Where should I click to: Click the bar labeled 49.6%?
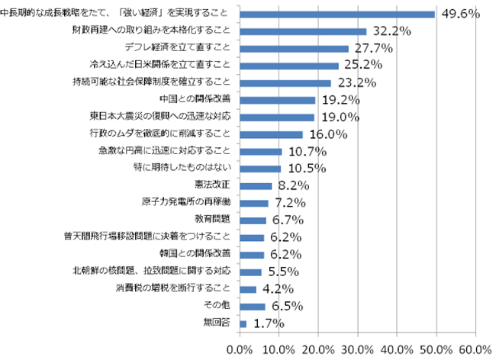(337, 14)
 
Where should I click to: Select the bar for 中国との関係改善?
(277, 100)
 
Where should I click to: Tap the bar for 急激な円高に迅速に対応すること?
(260, 152)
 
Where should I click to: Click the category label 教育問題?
(213, 220)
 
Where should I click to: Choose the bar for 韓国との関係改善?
(252, 254)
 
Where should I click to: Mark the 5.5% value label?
(282, 272)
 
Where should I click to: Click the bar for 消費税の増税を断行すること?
(248, 289)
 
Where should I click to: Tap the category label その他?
(220, 305)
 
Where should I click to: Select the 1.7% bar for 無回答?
(243, 323)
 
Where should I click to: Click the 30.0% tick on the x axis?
(358, 348)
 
